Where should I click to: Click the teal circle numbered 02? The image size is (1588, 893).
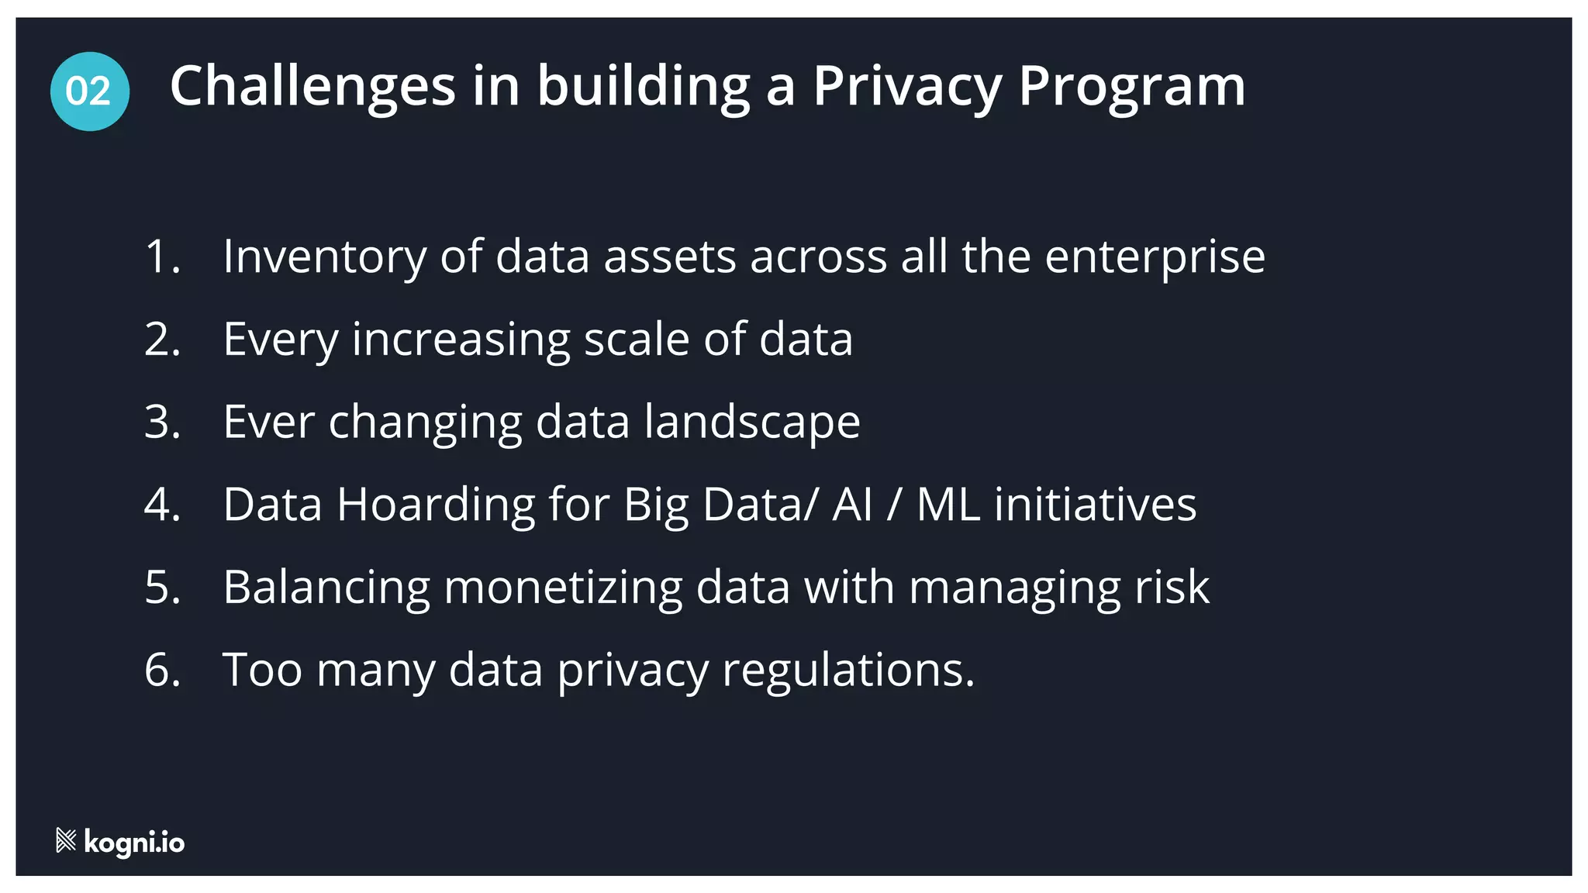coord(89,91)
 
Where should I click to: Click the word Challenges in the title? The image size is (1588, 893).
coord(312,86)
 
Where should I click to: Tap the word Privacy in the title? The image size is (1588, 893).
coord(907,86)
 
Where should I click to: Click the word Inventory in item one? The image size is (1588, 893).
coord(324,257)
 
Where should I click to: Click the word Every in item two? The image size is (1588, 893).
coord(281,340)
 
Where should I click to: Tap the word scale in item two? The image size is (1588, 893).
coord(636,340)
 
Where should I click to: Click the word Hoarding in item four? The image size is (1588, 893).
coord(436,505)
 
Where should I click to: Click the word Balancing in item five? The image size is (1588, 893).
coord(326,587)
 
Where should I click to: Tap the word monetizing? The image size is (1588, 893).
coord(562,587)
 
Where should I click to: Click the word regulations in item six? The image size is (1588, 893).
coord(848,671)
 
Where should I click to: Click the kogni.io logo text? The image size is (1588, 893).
coord(134,842)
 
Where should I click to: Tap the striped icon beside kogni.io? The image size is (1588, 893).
coord(66,840)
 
